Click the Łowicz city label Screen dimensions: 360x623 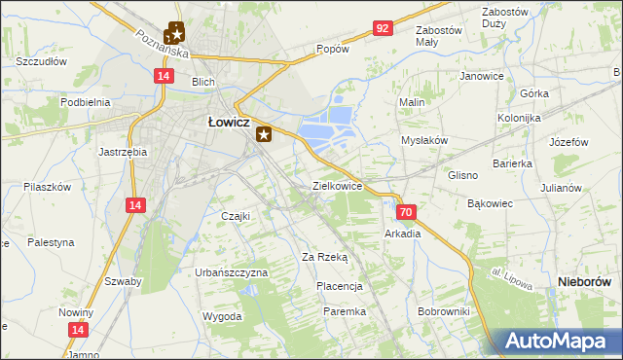point(230,123)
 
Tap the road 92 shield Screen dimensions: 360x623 point(382,28)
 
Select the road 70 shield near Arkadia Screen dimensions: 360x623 point(407,211)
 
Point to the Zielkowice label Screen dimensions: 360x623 point(337,185)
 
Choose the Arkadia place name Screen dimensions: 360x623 point(403,234)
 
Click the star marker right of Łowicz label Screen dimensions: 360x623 point(264,136)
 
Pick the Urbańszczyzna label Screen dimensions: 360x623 point(231,273)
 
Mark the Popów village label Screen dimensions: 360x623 point(332,49)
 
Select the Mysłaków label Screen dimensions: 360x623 point(424,140)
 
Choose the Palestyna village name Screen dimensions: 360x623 point(51,242)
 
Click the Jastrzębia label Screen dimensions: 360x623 point(123,152)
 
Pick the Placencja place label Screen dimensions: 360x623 point(340,287)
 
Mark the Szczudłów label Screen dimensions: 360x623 point(41,61)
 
